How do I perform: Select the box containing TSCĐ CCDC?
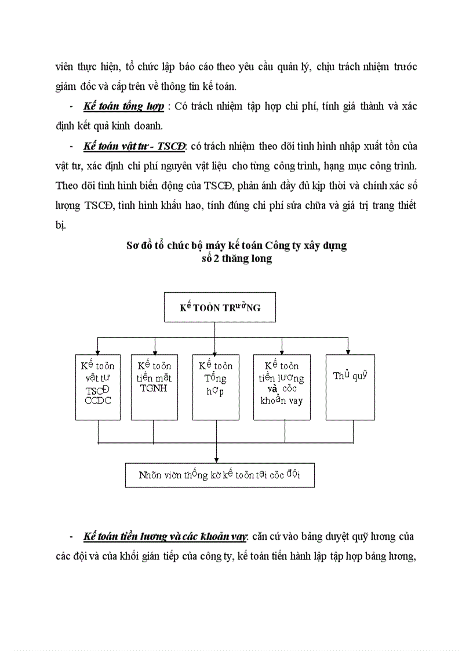click(97, 387)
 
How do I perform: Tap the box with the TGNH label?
click(154, 387)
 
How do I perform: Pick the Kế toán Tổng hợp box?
click(216, 387)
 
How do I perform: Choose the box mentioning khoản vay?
click(282, 387)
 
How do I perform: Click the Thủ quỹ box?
click(350, 387)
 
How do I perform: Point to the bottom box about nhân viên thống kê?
click(220, 475)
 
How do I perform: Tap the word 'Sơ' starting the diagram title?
click(133, 245)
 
